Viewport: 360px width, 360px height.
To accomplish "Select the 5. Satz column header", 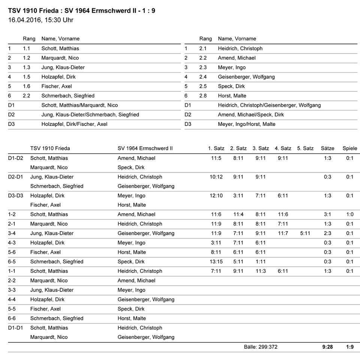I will [x=305, y=148].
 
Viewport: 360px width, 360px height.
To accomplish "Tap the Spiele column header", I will [x=350, y=148].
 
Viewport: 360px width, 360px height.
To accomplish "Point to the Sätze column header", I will [x=328, y=148].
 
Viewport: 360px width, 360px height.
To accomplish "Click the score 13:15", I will [x=216, y=262].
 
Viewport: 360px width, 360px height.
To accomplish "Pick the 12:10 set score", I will [x=216, y=196].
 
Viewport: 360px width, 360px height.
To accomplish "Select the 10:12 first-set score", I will [x=216, y=177].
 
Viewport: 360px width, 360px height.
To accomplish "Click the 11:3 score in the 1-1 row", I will [x=261, y=271].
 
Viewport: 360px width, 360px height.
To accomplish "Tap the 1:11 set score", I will [x=261, y=262].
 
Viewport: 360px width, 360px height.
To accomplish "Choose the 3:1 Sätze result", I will [x=328, y=214].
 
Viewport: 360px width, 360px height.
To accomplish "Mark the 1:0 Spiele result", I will [x=350, y=214].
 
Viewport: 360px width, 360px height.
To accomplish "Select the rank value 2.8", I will [x=203, y=96].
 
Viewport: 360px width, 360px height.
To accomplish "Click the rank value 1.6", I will [x=26, y=86].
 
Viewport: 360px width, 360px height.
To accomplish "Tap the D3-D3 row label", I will [x=15, y=196].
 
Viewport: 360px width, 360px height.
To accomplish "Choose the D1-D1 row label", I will [x=15, y=328].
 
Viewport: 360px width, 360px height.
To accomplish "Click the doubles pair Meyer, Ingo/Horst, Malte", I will [x=246, y=124].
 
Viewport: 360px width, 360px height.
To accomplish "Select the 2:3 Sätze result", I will [x=328, y=233].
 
